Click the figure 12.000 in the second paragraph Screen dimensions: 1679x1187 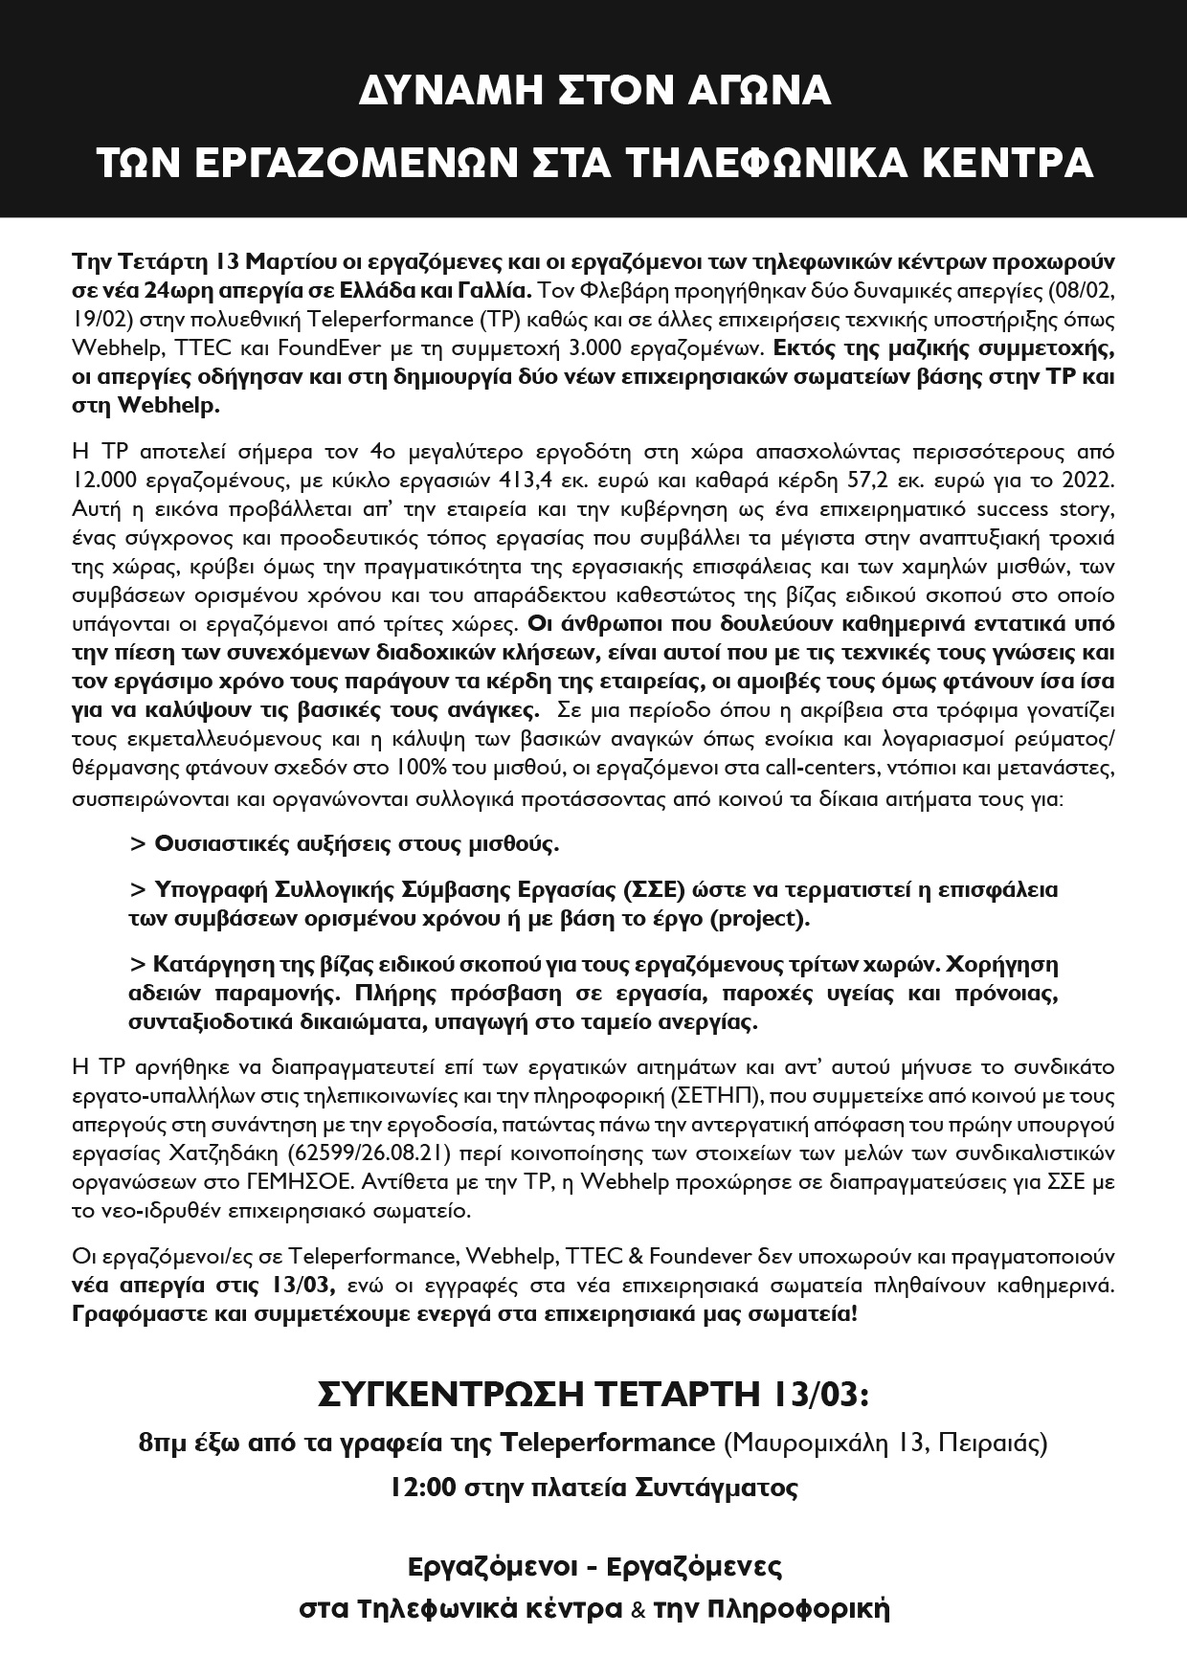point(107,477)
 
